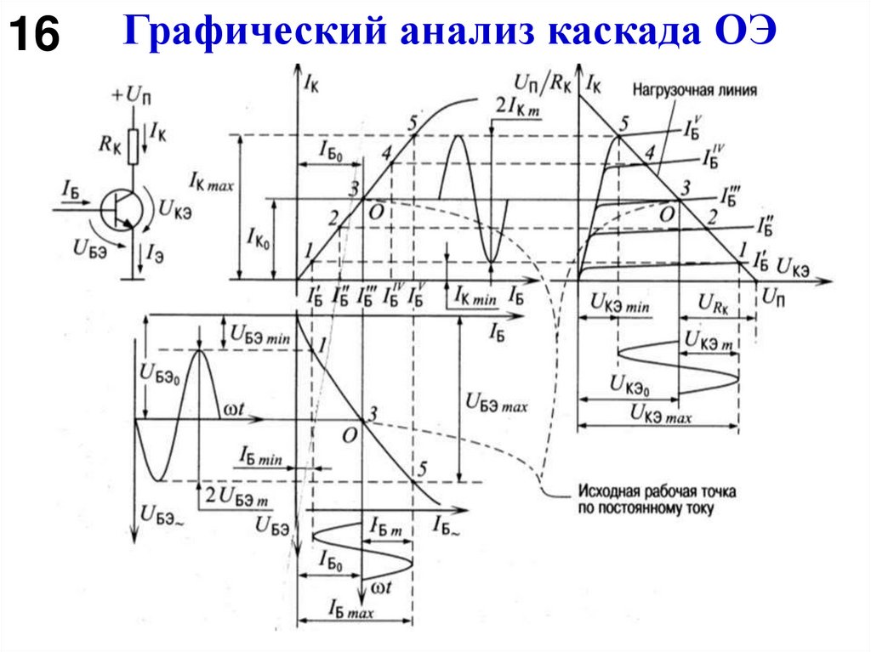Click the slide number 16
pyautogui.click(x=35, y=36)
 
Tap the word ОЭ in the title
pyautogui.click(x=740, y=32)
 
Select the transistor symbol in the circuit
pyautogui.click(x=116, y=208)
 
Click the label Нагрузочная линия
pyautogui.click(x=695, y=88)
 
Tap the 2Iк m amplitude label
pyautogui.click(x=516, y=107)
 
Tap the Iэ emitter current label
pyautogui.click(x=155, y=252)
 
